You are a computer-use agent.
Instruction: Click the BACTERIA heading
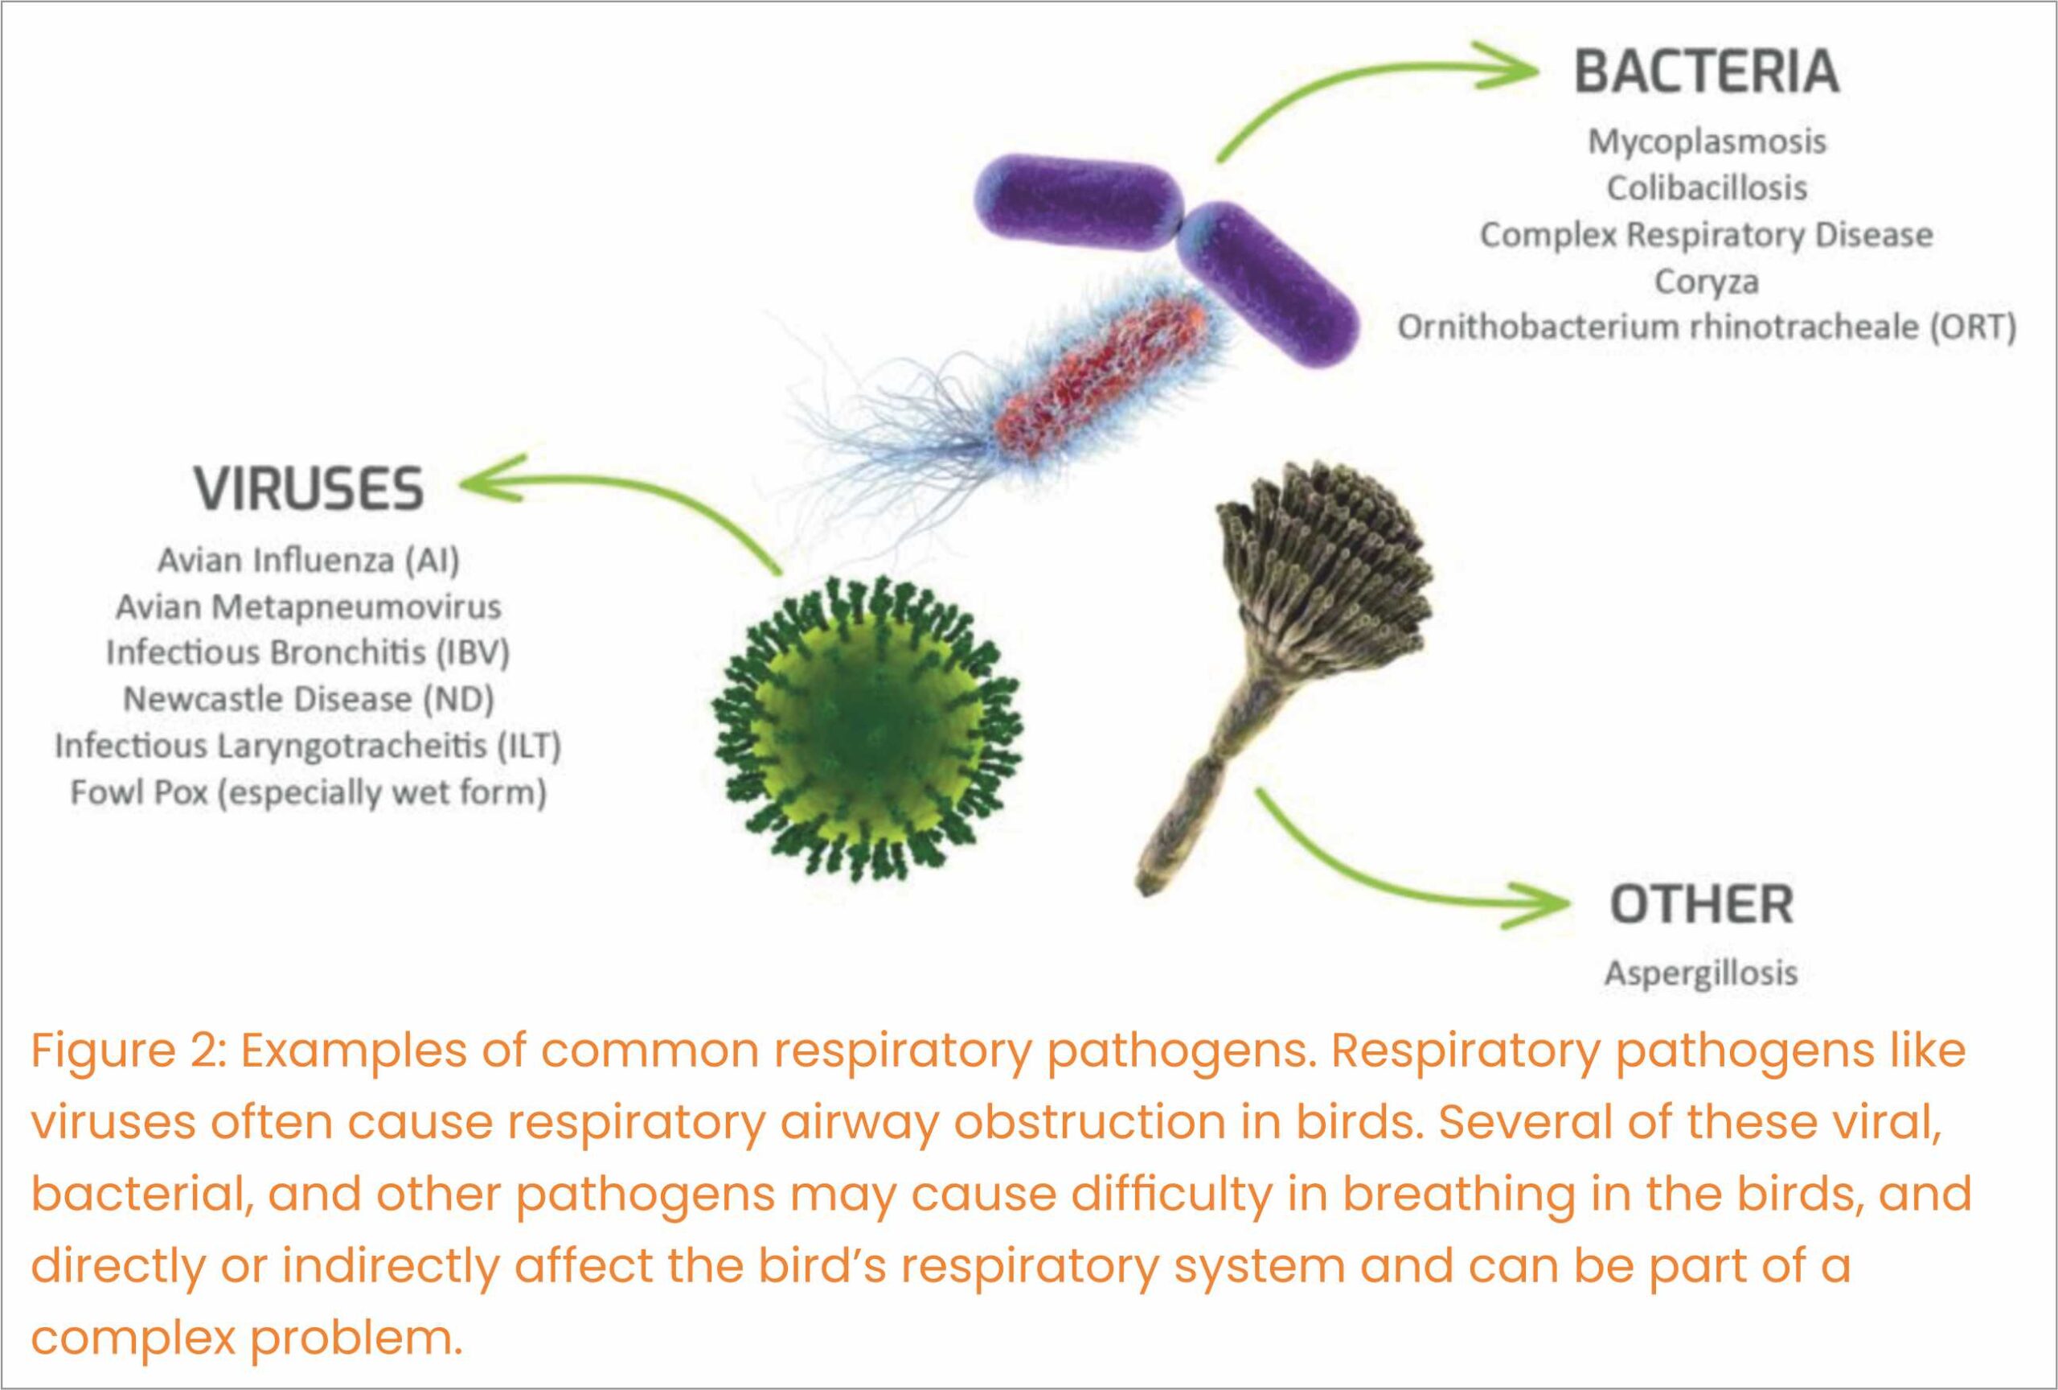point(1707,71)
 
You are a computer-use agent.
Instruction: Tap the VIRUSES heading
point(309,489)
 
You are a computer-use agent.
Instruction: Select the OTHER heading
point(1701,904)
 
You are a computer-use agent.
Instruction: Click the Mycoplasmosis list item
point(1707,142)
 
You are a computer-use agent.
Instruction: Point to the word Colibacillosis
point(1707,187)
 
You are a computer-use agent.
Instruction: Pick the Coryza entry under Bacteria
point(1707,282)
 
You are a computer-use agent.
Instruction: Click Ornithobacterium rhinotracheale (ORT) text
point(1707,327)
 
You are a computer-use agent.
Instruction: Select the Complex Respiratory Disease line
point(1707,235)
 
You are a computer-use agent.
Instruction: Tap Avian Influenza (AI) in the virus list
point(309,560)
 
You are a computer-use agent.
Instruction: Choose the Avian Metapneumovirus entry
point(309,607)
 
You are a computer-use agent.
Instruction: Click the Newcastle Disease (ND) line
point(309,699)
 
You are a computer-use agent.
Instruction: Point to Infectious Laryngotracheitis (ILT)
point(309,746)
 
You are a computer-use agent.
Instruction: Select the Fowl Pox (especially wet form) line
point(309,792)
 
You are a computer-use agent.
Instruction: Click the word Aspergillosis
point(1701,973)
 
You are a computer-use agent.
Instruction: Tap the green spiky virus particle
point(866,728)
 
